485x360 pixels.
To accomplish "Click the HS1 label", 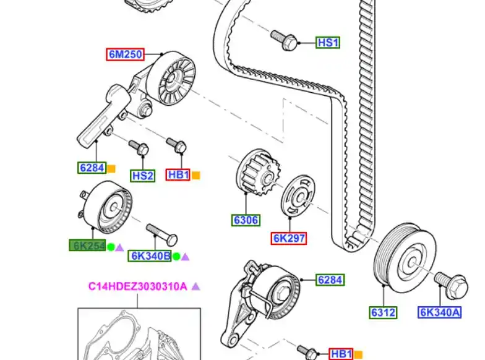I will pyautogui.click(x=328, y=43).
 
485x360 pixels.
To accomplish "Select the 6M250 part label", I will pyautogui.click(x=126, y=54).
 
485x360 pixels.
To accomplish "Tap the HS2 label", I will pyautogui.click(x=142, y=176).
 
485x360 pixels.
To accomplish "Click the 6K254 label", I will pyautogui.click(x=87, y=246).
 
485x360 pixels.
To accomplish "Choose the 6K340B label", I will pyautogui.click(x=150, y=256).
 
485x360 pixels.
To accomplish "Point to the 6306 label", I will pyautogui.click(x=246, y=220).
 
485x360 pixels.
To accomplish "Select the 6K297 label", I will pyautogui.click(x=289, y=238).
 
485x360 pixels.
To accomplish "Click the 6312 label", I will pyautogui.click(x=383, y=312).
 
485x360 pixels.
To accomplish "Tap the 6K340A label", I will pyautogui.click(x=439, y=312).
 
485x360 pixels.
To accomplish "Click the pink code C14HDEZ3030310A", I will pyautogui.click(x=137, y=286).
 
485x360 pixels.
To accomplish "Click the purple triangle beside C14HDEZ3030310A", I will pyautogui.click(x=195, y=286).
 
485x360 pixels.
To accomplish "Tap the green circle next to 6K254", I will pyautogui.click(x=111, y=247).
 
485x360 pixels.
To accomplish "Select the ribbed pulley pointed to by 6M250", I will pyautogui.click(x=176, y=79).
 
